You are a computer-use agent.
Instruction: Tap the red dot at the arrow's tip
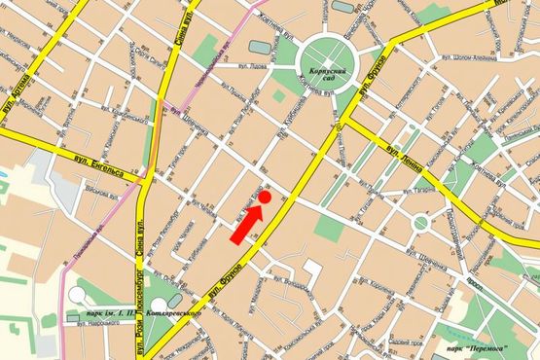265,198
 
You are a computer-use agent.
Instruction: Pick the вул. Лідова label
251,69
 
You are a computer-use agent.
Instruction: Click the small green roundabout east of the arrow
420,223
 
